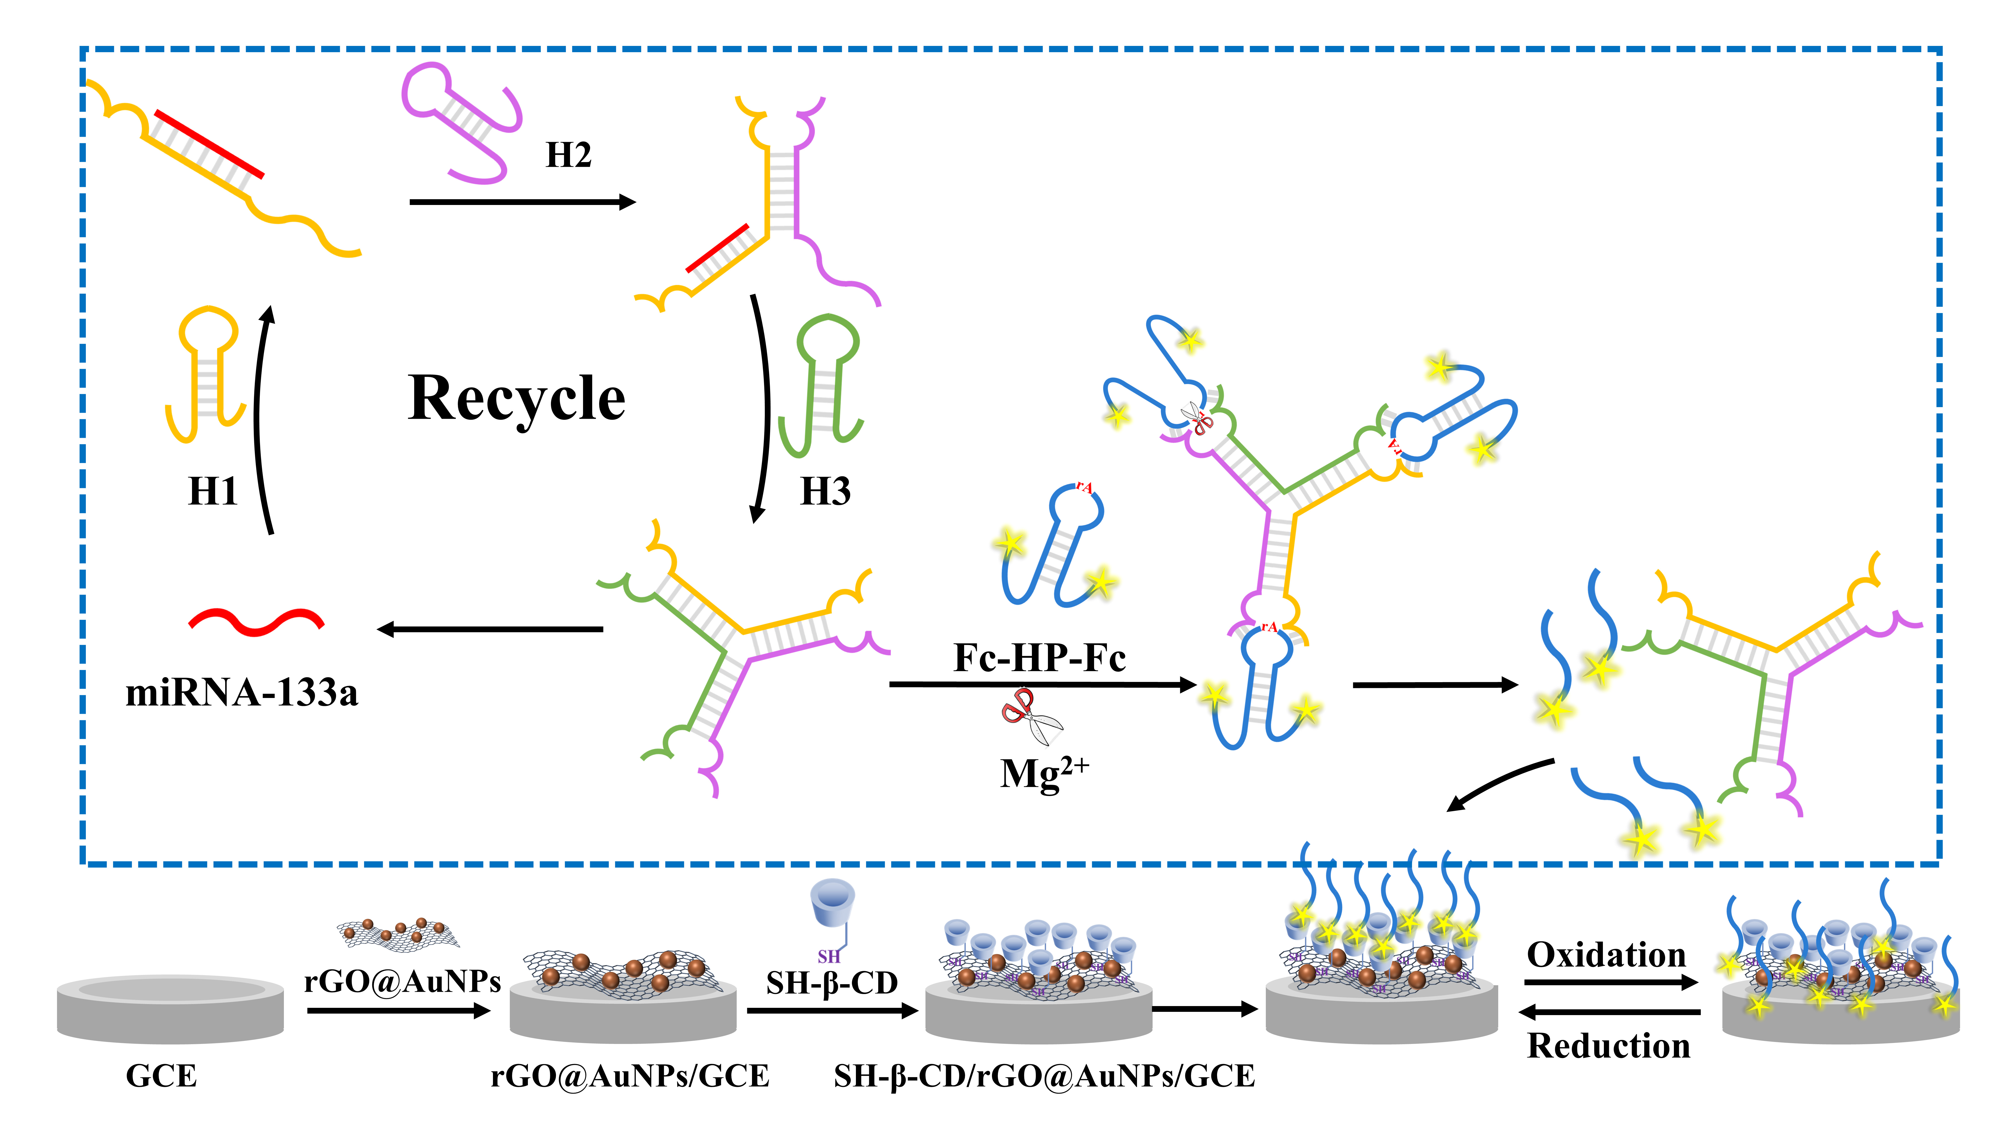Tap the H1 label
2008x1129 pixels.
click(212, 492)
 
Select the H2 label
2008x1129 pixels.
click(568, 155)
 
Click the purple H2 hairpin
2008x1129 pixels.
click(460, 121)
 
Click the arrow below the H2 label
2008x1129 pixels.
click(522, 202)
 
